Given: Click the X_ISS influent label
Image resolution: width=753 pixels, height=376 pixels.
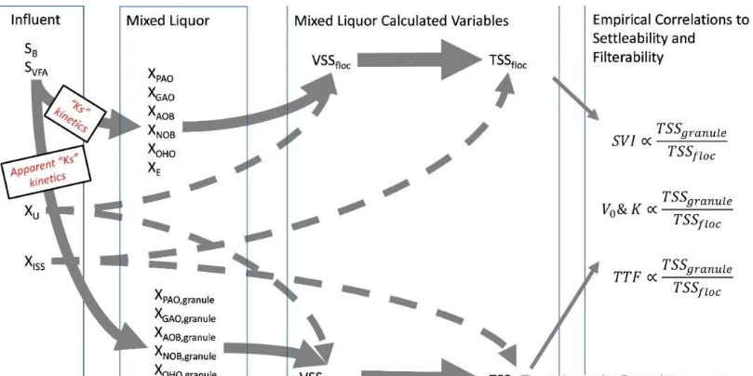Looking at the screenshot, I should (35, 262).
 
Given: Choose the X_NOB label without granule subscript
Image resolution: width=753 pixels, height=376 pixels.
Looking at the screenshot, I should (160, 130).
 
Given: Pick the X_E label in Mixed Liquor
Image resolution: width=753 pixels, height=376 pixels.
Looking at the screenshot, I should (155, 168).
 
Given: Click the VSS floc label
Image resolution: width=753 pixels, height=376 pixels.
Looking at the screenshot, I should (329, 61).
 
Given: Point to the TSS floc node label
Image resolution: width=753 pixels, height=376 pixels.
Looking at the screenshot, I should (508, 61).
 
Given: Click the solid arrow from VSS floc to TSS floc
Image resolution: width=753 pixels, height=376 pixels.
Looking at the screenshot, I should (417, 60).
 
